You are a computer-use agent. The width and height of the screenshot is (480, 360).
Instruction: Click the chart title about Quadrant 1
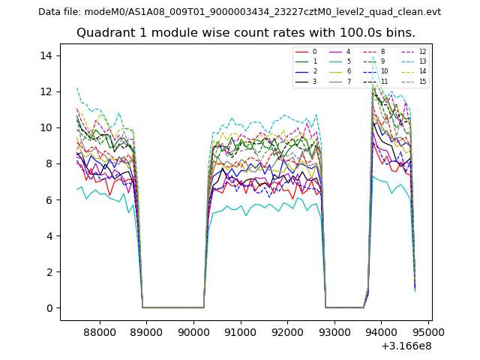pos(245,33)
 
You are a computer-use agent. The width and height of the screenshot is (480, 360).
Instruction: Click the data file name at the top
pos(239,11)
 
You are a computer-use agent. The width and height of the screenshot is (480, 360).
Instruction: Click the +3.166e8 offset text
pos(405,346)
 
